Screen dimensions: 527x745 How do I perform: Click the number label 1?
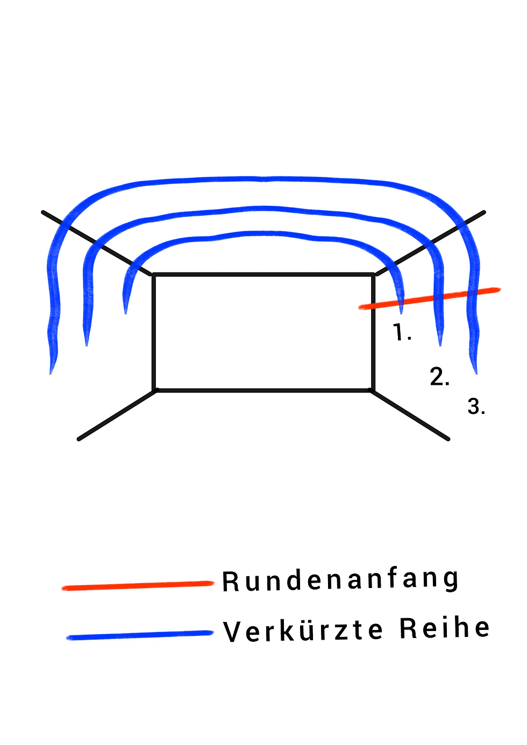(402, 333)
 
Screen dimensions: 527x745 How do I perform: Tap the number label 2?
(439, 377)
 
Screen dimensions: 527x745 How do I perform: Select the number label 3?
(476, 406)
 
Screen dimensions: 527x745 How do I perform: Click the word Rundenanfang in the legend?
(340, 580)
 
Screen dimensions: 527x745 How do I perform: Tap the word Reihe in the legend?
(445, 628)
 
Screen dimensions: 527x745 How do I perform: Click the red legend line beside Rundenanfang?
(138, 585)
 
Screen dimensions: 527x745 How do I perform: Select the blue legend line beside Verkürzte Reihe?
(140, 635)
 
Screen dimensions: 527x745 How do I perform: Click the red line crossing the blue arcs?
(430, 298)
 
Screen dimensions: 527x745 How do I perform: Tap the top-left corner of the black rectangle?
(154, 275)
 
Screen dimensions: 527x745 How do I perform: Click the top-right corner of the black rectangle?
(373, 275)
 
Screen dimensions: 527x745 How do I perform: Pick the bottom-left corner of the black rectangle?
(155, 390)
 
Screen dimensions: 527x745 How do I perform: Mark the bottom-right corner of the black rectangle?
(372, 390)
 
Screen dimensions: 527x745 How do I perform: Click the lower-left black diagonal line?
(117, 415)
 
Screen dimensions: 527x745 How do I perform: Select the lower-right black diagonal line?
(410, 415)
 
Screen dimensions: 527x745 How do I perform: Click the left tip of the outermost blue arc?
(52, 372)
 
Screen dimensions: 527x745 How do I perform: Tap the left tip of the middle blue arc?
(87, 344)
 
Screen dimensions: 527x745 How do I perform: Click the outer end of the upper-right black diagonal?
(484, 212)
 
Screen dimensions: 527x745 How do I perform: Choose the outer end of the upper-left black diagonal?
(43, 212)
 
